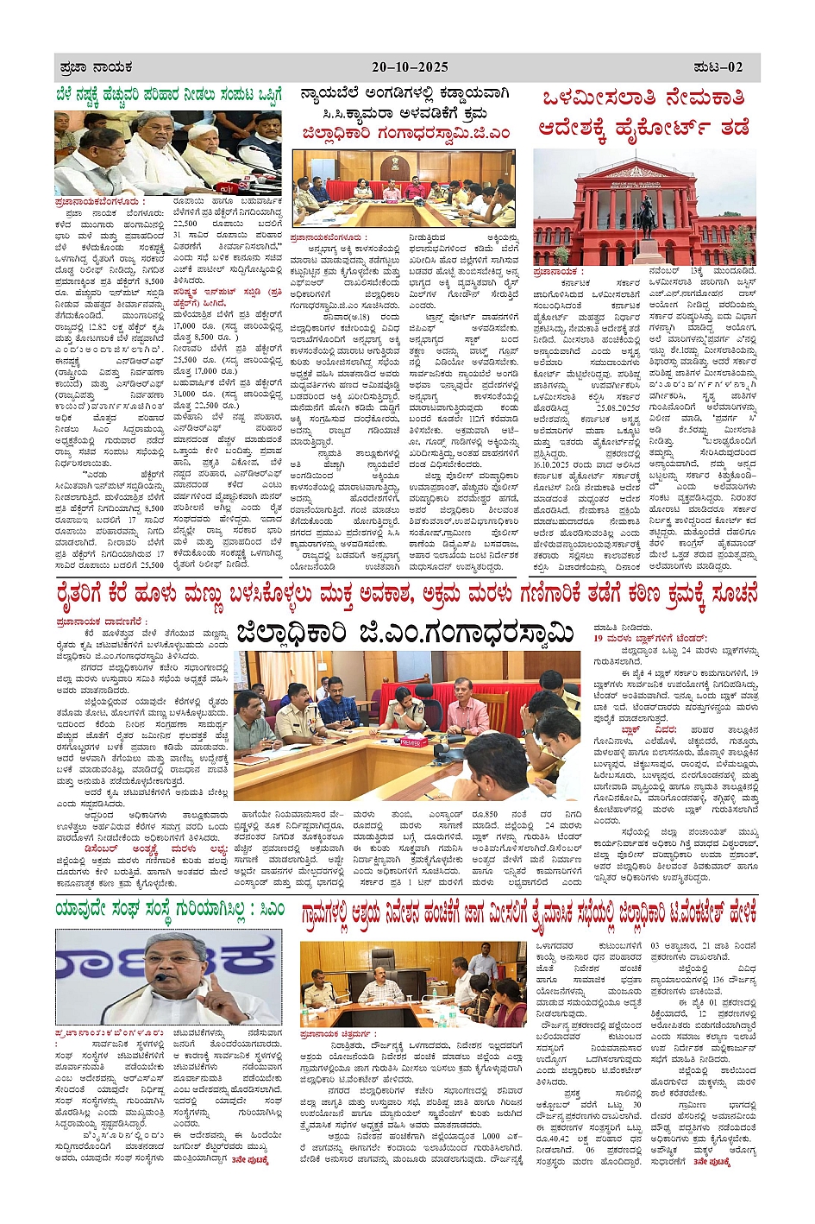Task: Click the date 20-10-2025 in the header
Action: pyautogui.click(x=410, y=66)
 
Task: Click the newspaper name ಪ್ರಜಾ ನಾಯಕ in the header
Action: pyautogui.click(x=96, y=66)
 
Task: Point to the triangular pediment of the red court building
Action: pyautogui.click(x=644, y=172)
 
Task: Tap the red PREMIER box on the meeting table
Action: pyautogui.click(x=411, y=741)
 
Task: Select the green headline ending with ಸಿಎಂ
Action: pyautogui.click(x=169, y=909)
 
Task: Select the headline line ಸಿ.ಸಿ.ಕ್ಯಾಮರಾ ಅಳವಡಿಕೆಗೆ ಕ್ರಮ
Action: pyautogui.click(x=404, y=113)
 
